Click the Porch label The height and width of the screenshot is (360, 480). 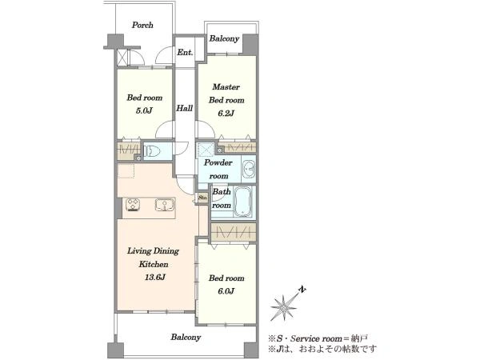point(142,25)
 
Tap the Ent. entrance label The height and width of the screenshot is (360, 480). point(185,52)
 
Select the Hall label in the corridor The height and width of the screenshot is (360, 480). point(184,108)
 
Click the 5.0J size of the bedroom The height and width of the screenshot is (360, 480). point(144,110)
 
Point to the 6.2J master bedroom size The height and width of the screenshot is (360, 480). point(226,114)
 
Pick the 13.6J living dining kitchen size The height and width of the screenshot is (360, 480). point(155,278)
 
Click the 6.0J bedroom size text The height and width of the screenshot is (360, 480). point(226,291)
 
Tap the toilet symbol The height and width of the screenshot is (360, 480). point(152,151)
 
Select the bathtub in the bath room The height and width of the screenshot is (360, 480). point(242,202)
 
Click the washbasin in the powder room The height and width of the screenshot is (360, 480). point(249,170)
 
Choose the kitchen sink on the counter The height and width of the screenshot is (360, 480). point(165,205)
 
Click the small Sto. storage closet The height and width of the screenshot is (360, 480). point(202,198)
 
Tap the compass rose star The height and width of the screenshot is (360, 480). point(284,308)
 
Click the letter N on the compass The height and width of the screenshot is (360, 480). point(302,290)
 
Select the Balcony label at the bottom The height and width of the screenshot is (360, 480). point(186,337)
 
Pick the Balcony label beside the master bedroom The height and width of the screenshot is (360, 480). point(224,38)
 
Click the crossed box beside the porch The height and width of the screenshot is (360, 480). point(122,56)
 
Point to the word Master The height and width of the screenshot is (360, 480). point(226,87)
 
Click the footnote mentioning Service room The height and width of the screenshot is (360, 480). point(318,338)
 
